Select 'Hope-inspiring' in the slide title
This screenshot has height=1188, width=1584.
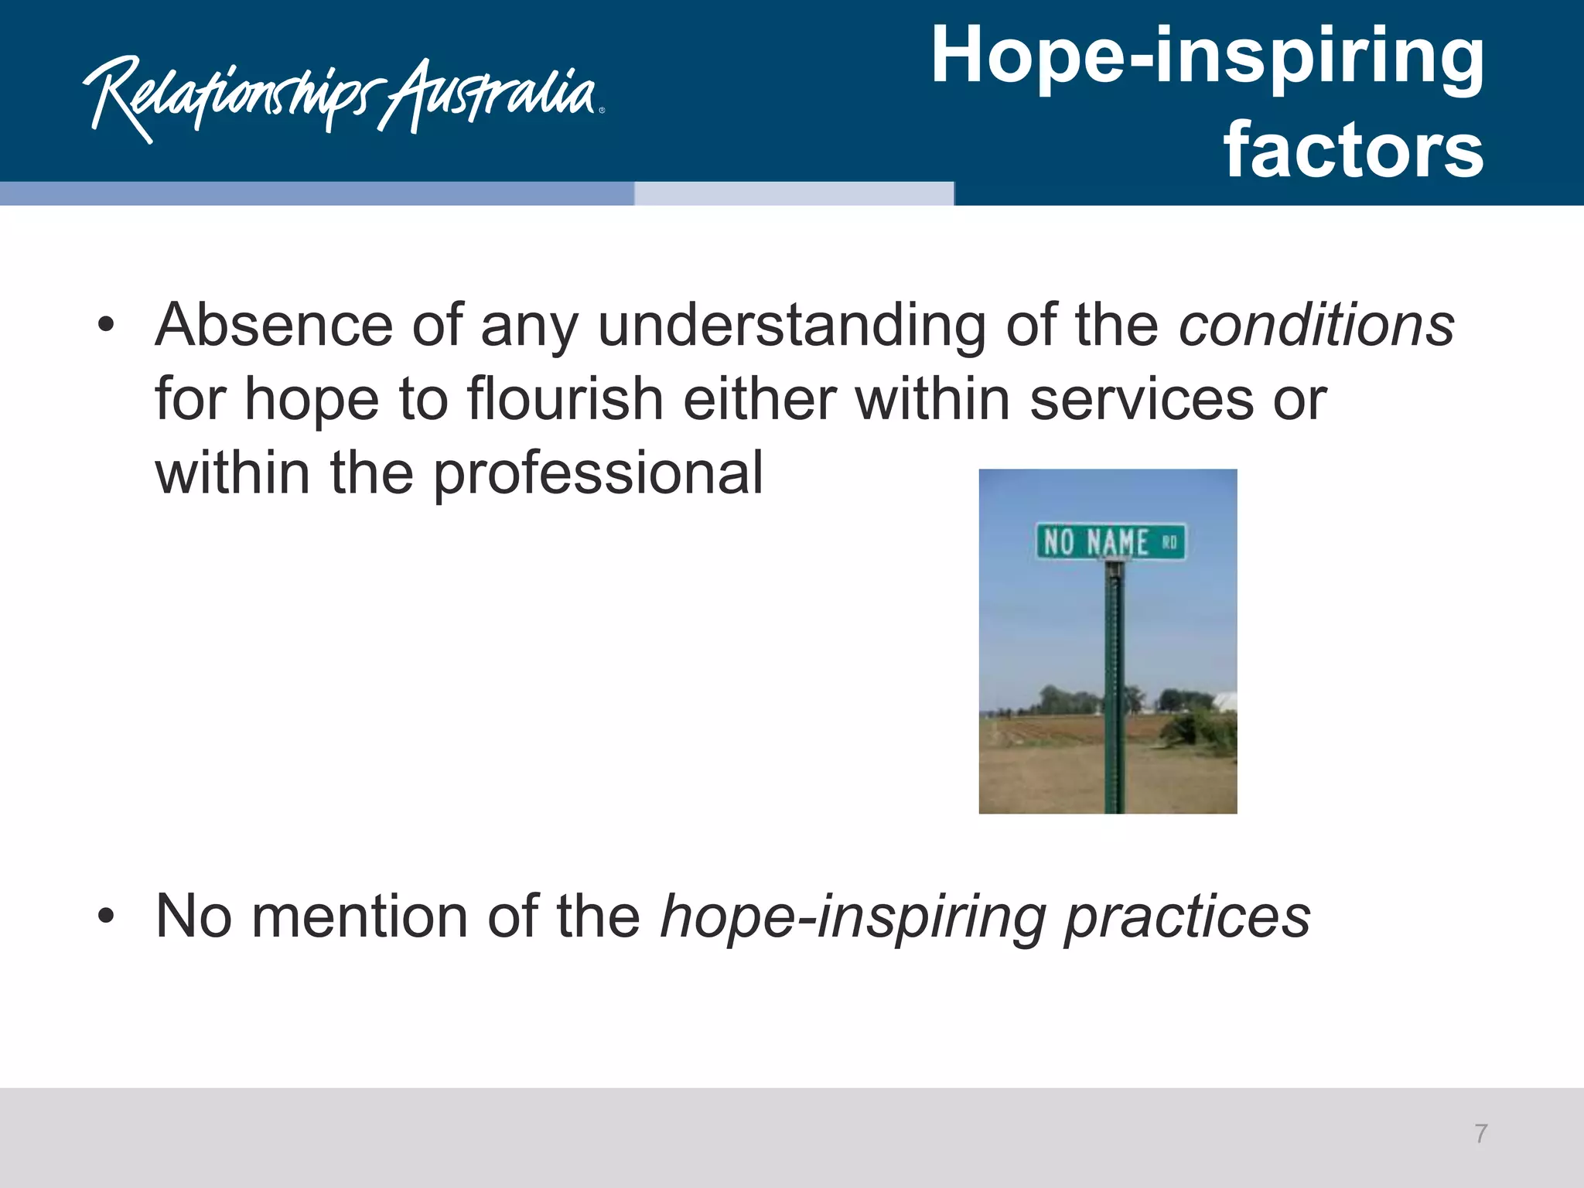coord(1207,56)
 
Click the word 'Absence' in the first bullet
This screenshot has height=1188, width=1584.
coord(274,325)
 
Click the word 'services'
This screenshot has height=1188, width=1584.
coord(1142,399)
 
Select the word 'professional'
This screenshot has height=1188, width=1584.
coord(598,473)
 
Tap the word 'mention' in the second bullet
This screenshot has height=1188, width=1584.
coord(360,916)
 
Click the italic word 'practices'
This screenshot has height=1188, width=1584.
coord(1187,917)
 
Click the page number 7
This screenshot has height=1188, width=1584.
coord(1480,1134)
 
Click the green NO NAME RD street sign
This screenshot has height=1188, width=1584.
coord(1110,541)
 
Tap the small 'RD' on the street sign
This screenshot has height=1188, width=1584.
coord(1169,542)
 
